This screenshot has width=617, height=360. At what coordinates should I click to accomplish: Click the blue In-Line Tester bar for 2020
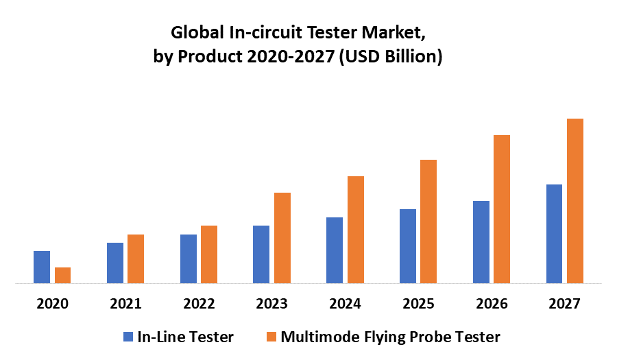(x=42, y=267)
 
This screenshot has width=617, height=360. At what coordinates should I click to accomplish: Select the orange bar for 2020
(x=63, y=275)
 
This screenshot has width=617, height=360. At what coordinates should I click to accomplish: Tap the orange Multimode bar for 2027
(x=575, y=201)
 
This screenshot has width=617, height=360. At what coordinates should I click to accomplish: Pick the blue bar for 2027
(x=554, y=233)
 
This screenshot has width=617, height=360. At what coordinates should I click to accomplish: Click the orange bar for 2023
(x=282, y=237)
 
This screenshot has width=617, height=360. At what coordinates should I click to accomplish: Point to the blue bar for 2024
(x=335, y=250)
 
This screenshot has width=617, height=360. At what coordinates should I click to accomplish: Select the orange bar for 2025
(x=428, y=221)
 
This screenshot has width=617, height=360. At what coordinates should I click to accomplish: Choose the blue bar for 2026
(x=481, y=241)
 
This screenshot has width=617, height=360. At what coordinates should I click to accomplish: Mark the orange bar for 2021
(x=136, y=259)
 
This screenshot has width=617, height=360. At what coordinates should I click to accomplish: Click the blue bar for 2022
(x=189, y=259)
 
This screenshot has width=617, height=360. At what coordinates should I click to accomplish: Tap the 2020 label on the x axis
(x=52, y=303)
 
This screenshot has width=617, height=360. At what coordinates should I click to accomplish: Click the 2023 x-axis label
(x=271, y=303)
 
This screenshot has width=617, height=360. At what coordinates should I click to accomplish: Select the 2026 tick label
(x=492, y=303)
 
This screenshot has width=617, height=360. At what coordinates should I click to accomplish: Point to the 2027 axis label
(x=565, y=303)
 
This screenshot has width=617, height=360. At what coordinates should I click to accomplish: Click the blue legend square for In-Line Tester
(x=128, y=337)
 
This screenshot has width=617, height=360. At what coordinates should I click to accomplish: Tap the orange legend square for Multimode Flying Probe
(x=271, y=337)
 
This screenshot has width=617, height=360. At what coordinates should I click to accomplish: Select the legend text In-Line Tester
(x=185, y=337)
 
